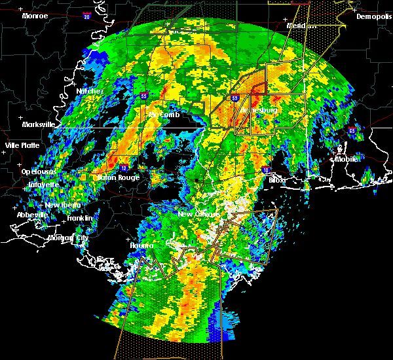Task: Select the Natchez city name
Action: tap(89, 91)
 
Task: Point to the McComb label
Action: tap(164, 115)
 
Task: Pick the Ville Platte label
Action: tap(22, 145)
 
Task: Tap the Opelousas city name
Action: tap(38, 171)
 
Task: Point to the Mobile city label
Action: tap(347, 159)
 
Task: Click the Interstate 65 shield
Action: tap(352, 131)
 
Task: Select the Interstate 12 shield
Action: tap(123, 168)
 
